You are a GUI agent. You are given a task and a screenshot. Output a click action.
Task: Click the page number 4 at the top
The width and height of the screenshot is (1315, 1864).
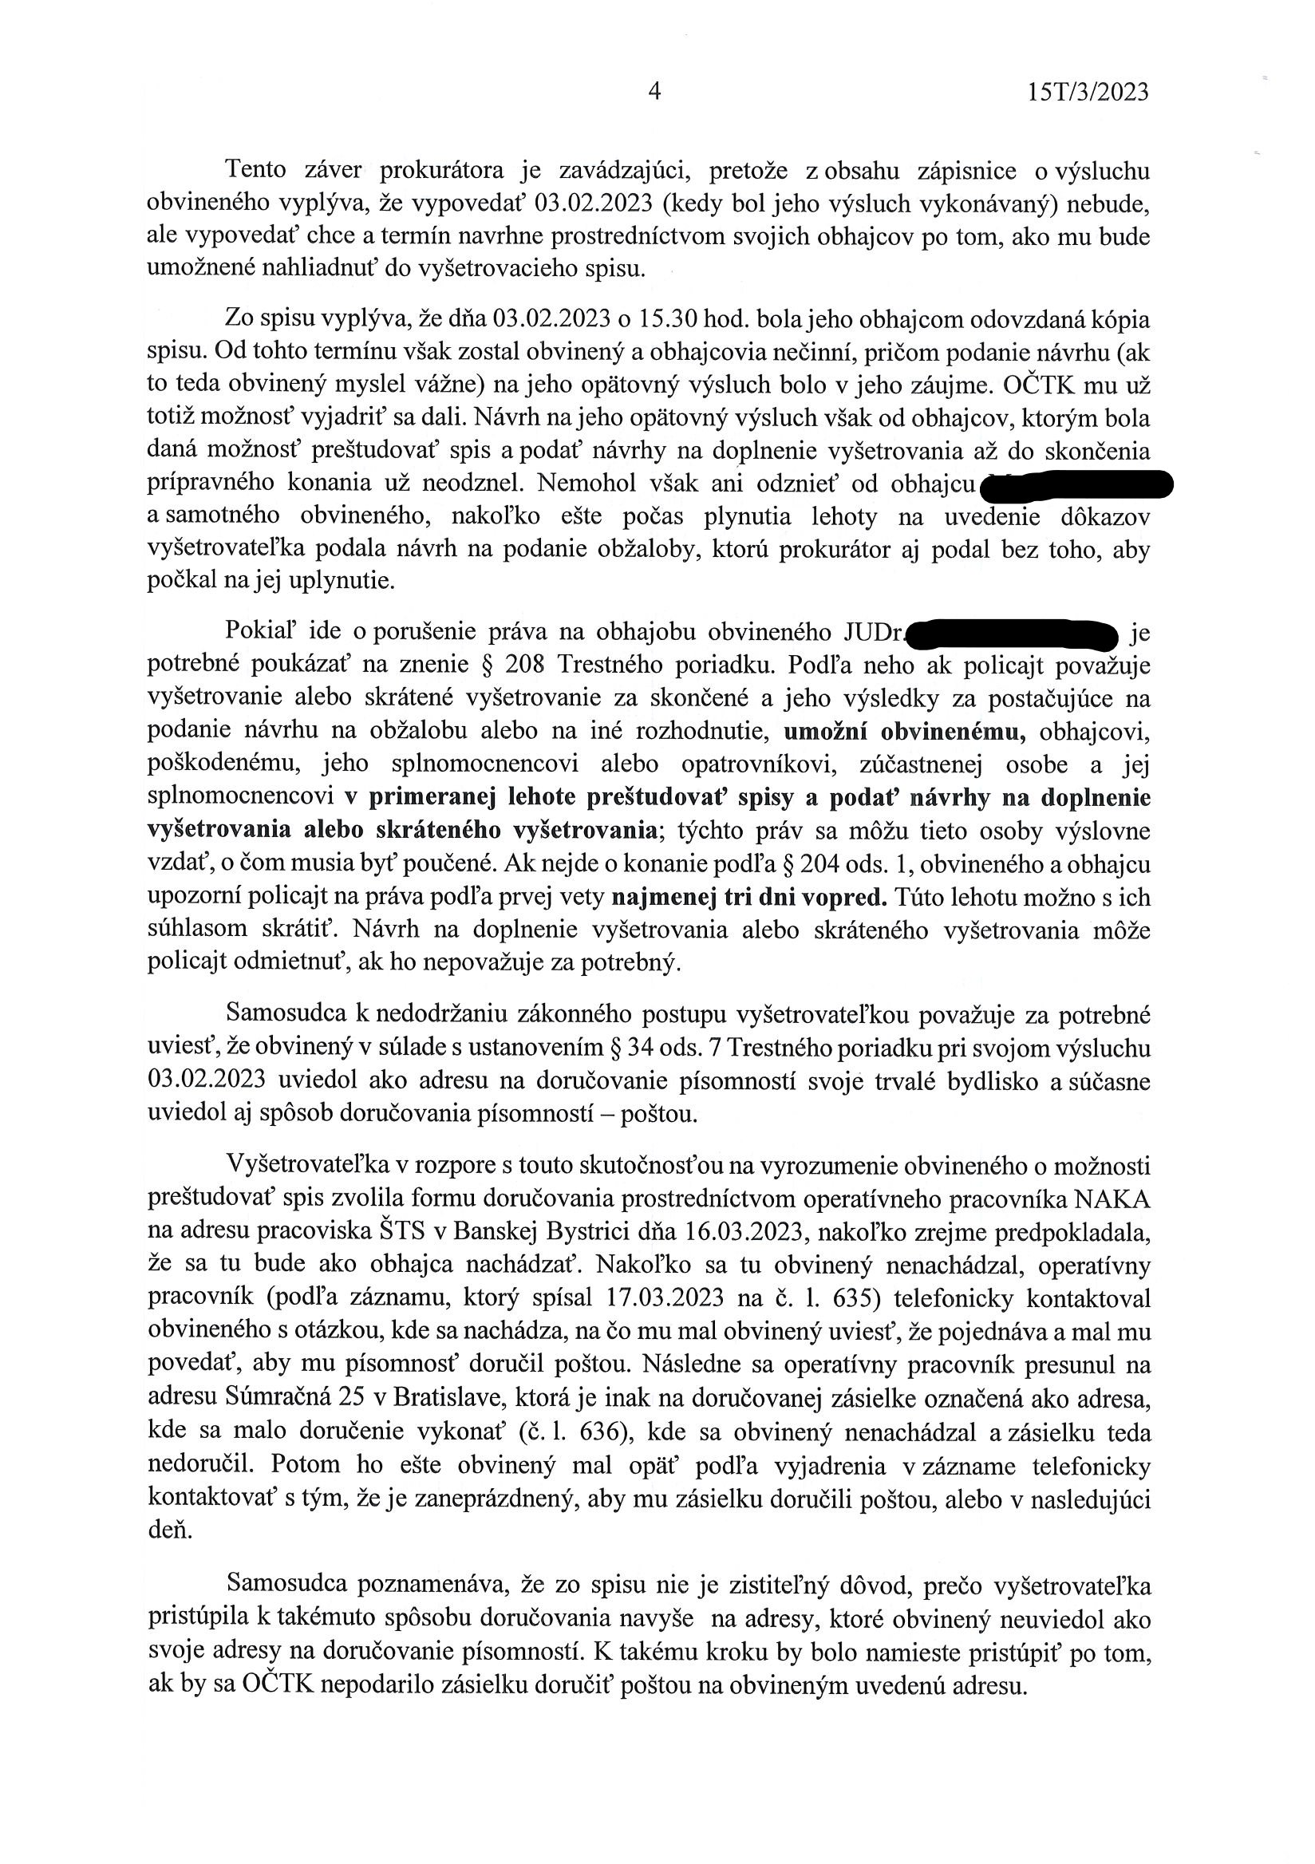[654, 92]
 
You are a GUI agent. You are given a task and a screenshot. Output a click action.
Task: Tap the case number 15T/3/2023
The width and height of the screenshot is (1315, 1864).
[1088, 93]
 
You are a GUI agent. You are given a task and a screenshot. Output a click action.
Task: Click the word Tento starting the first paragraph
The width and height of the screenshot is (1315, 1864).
[255, 171]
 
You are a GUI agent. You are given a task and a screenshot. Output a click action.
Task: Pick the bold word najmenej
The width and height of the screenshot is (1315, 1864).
[660, 898]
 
